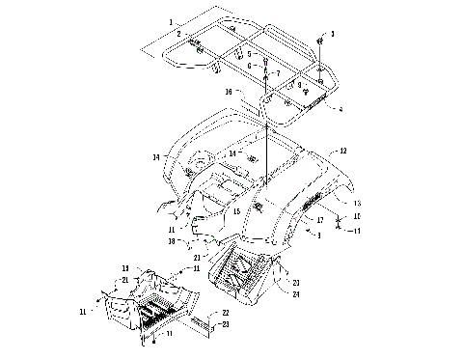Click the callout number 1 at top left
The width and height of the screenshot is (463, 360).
coord(171,22)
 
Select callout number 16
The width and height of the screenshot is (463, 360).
coord(228,92)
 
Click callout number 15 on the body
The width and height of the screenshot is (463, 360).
coord(237,211)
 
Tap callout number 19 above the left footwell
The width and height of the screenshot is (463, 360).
coord(124,268)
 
